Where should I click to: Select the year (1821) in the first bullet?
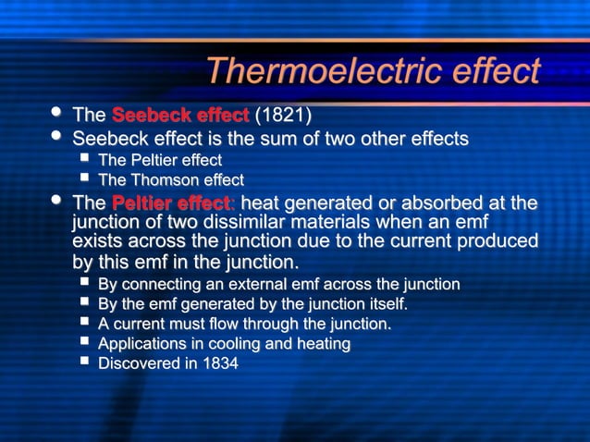click(283, 116)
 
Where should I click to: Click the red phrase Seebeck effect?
click(180, 116)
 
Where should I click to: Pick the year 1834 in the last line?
click(219, 364)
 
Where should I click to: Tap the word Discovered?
click(140, 364)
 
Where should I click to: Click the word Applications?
click(143, 344)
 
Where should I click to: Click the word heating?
click(323, 344)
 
